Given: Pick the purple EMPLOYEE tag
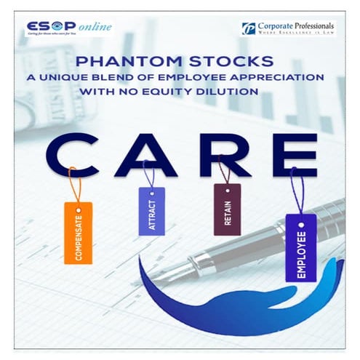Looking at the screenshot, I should pos(300,247).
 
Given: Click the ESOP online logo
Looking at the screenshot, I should pos(68,28).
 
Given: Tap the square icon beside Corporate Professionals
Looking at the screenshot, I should pos(249,28).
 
